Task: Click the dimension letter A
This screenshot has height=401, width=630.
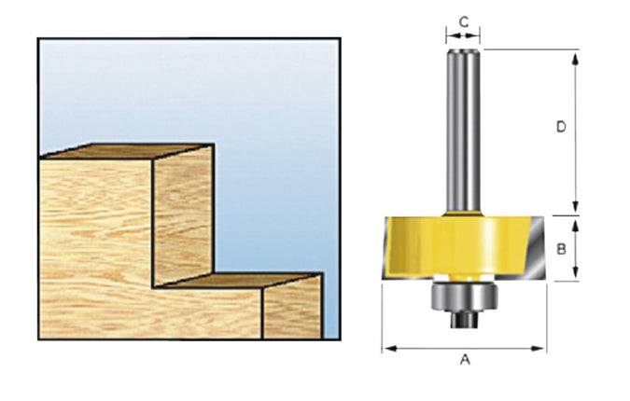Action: click(464, 360)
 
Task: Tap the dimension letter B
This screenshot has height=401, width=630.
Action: click(561, 248)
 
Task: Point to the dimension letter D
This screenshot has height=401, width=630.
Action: click(561, 126)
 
